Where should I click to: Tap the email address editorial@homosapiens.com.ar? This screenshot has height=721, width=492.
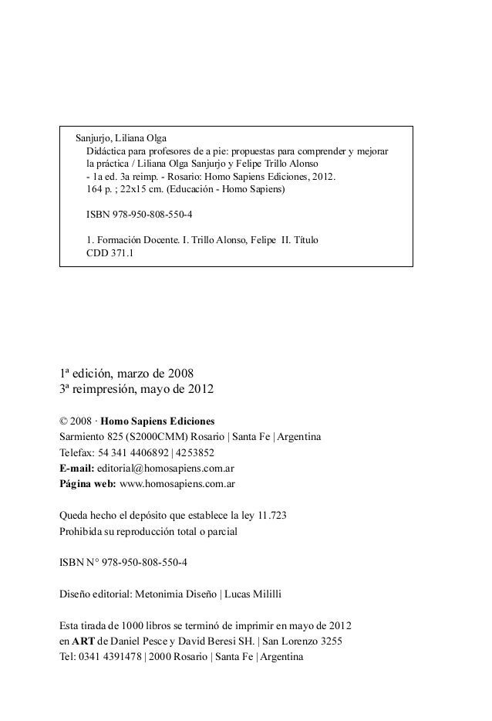click(164, 469)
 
